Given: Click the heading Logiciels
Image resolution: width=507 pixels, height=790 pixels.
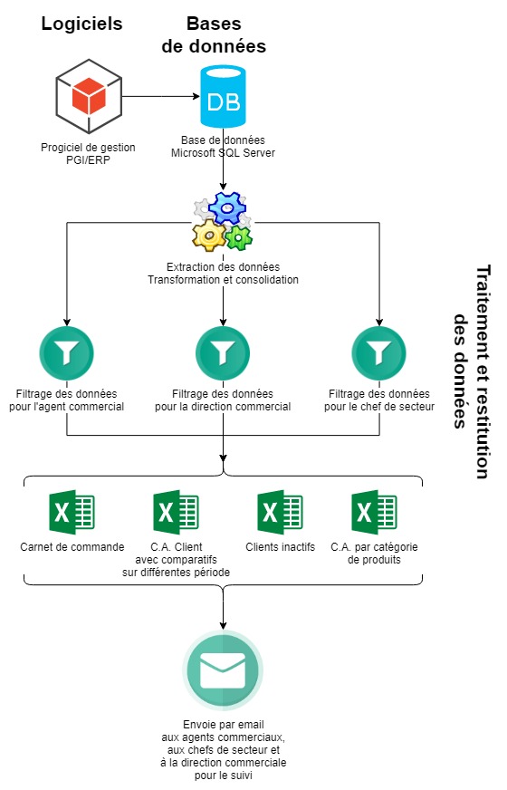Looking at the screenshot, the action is point(81,24).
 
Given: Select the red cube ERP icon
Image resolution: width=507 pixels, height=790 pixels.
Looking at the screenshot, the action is point(89,96).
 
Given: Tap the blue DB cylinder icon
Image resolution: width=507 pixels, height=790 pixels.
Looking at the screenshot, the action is point(223,96).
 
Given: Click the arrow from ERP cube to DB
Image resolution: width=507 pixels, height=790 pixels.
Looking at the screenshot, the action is point(161,96).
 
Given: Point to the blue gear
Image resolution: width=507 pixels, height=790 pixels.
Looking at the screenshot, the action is point(227,207).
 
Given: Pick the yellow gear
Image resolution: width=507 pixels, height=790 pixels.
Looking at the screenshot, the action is point(209,235).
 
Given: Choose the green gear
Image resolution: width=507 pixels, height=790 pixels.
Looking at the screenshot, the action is point(239,237).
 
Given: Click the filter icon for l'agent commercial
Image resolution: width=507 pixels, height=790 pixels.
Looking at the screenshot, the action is point(66,353).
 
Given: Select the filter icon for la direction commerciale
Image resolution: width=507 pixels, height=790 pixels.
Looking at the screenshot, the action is point(223,353).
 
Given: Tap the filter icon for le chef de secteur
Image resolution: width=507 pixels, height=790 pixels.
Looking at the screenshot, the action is point(378,353).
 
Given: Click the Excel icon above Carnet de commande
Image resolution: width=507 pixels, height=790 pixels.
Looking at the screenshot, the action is point(72,512).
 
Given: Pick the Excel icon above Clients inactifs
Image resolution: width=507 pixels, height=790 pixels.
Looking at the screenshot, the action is point(280,512).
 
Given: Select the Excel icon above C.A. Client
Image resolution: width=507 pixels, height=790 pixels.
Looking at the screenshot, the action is point(176,512).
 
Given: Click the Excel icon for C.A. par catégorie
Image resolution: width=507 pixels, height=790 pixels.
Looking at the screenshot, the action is point(374,512).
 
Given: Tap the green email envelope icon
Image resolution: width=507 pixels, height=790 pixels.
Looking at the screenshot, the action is point(223,670).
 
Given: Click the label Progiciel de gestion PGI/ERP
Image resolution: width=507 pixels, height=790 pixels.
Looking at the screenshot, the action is point(88,154).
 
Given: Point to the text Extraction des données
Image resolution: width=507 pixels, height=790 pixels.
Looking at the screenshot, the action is point(223,266).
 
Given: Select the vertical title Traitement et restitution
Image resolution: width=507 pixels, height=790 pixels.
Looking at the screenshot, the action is point(483,371).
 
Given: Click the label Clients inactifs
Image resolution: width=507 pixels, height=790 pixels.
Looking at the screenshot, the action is point(280,546).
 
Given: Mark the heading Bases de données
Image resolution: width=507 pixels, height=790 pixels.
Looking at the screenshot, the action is point(214,34).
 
